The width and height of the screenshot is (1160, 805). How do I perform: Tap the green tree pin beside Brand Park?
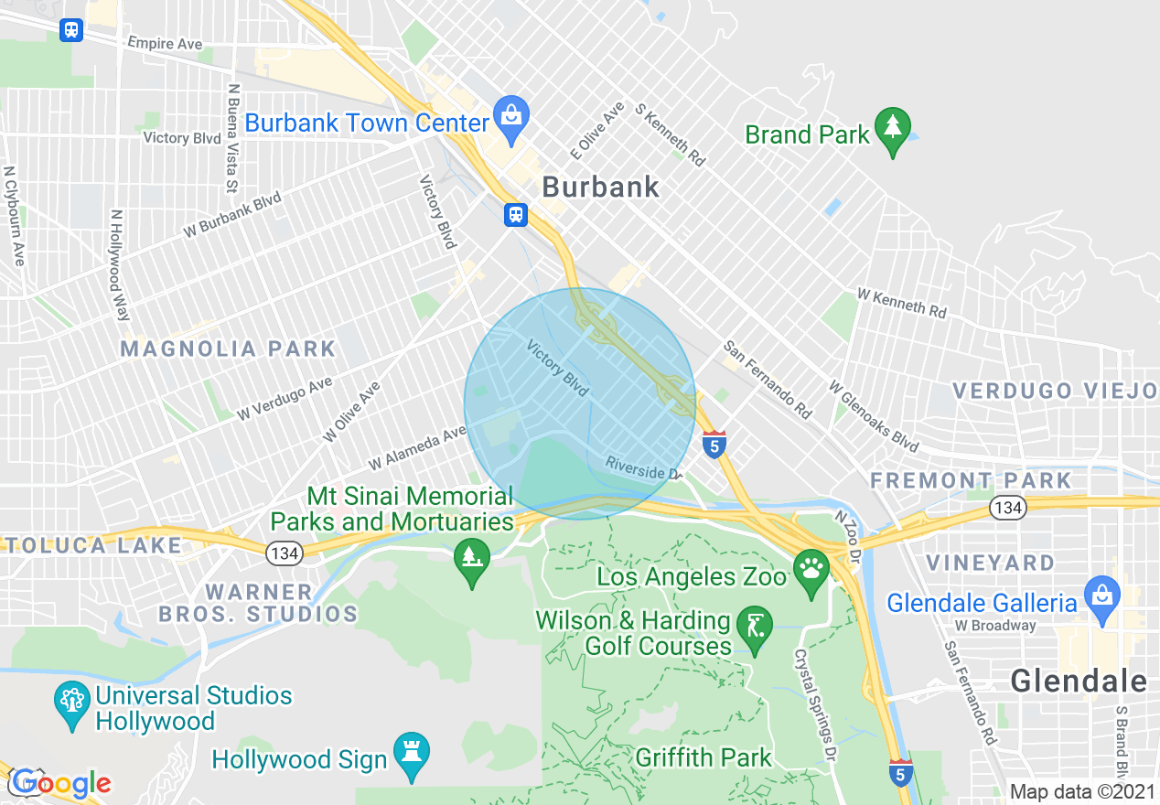pos(893,127)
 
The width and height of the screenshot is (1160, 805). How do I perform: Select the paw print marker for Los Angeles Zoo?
pos(811,570)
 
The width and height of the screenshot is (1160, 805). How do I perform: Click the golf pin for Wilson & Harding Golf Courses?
pos(754,628)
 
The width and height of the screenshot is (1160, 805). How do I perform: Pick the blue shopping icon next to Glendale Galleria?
pos(1101,596)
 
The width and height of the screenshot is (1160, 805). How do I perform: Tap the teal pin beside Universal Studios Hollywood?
pos(71,702)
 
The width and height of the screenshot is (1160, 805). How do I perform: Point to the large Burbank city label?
pos(600,187)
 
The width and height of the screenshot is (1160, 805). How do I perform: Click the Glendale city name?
pos(1079,681)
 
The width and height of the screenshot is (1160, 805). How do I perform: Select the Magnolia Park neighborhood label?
pos(229,349)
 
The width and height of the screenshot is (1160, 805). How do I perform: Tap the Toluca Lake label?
pos(91,545)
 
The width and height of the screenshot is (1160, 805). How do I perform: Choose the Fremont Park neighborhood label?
pos(971,480)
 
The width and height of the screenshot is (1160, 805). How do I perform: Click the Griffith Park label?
pos(704,757)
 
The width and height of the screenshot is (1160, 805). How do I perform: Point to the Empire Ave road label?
pos(165,43)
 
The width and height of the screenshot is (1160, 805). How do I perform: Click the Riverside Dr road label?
pos(644,467)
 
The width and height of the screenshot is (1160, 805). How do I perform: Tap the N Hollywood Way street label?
pos(119,265)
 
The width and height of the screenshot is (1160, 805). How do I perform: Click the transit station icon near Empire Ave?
pos(71,30)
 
